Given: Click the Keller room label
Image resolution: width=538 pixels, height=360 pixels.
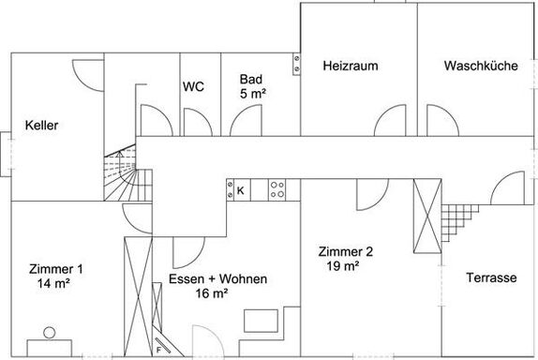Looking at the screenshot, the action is coord(41,126).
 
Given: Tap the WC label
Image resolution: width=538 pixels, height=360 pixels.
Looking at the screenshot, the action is coord(193,86).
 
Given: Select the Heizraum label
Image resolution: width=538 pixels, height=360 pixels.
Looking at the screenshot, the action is coord(351,66).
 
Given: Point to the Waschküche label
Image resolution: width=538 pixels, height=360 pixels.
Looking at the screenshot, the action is coord(481,66).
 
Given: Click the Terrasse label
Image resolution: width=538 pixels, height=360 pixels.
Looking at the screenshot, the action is coord(491,277).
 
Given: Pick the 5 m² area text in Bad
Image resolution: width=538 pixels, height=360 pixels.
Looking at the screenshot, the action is coord(253,94).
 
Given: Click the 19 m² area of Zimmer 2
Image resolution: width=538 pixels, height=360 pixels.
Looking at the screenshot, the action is coord(343,265).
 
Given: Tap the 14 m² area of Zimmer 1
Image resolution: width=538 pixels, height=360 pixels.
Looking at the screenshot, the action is coord(53,283).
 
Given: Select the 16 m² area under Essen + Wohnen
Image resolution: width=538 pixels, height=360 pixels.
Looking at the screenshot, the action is coord(212,293).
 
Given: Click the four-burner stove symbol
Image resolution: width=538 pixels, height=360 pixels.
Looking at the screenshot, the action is coord(276,189).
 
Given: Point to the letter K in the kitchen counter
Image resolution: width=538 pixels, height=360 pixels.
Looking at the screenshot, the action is coord(241,190).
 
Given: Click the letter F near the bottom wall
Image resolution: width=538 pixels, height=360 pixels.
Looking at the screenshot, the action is coord(158,350).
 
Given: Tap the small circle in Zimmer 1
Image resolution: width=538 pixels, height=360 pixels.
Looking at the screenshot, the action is coord(50,333).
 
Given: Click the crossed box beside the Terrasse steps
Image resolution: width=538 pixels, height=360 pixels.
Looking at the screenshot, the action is coord(427,217).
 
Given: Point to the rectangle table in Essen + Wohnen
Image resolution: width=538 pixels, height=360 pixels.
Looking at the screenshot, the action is coord(261,321).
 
